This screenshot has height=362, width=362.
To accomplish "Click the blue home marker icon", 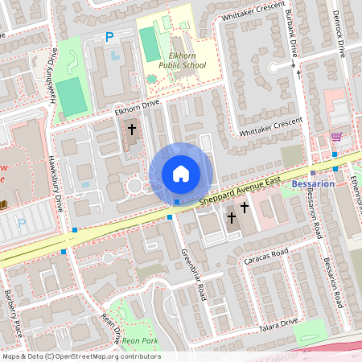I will [x=181, y=174].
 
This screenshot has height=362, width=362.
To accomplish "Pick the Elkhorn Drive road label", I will [x=137, y=107].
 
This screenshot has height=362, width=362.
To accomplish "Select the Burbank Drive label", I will [x=294, y=36].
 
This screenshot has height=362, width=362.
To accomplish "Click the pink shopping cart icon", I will [x=335, y=137].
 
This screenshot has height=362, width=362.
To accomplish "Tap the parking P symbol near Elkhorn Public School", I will [x=109, y=37].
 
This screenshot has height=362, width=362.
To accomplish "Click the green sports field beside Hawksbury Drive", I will [x=72, y=96].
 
